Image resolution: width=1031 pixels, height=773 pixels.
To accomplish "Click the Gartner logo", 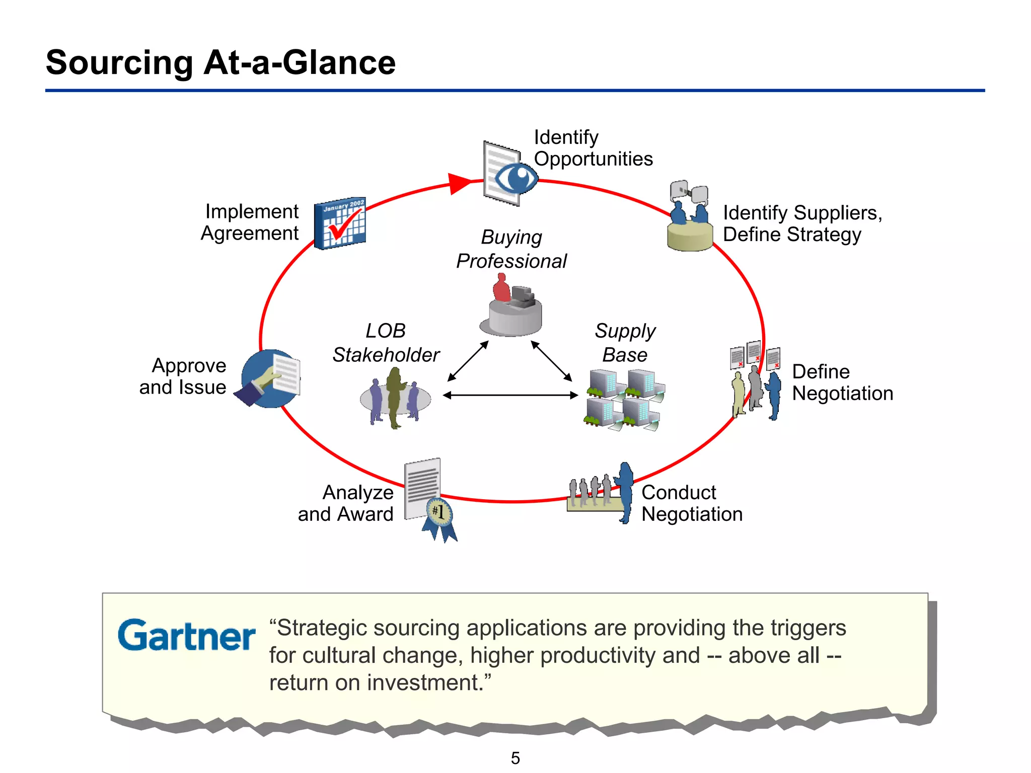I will tap(186, 635).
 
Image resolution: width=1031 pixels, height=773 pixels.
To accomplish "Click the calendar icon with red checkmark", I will tap(340, 223).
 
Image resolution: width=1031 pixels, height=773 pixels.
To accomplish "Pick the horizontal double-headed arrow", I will tap(510, 395).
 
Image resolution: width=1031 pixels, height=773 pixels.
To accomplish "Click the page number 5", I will tap(515, 758).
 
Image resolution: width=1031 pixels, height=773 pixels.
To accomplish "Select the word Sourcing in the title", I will tap(119, 63).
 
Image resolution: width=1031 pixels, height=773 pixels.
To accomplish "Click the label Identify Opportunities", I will tap(593, 148).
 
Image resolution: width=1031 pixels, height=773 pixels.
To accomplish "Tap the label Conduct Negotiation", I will tap(692, 503).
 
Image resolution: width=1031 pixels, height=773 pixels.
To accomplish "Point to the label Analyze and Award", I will tap(346, 503).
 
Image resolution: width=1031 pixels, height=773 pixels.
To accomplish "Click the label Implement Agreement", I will tap(250, 222).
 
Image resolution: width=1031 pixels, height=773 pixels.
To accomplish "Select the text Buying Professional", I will tap(511, 249).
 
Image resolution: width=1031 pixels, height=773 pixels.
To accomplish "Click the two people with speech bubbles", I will tap(689, 204).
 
